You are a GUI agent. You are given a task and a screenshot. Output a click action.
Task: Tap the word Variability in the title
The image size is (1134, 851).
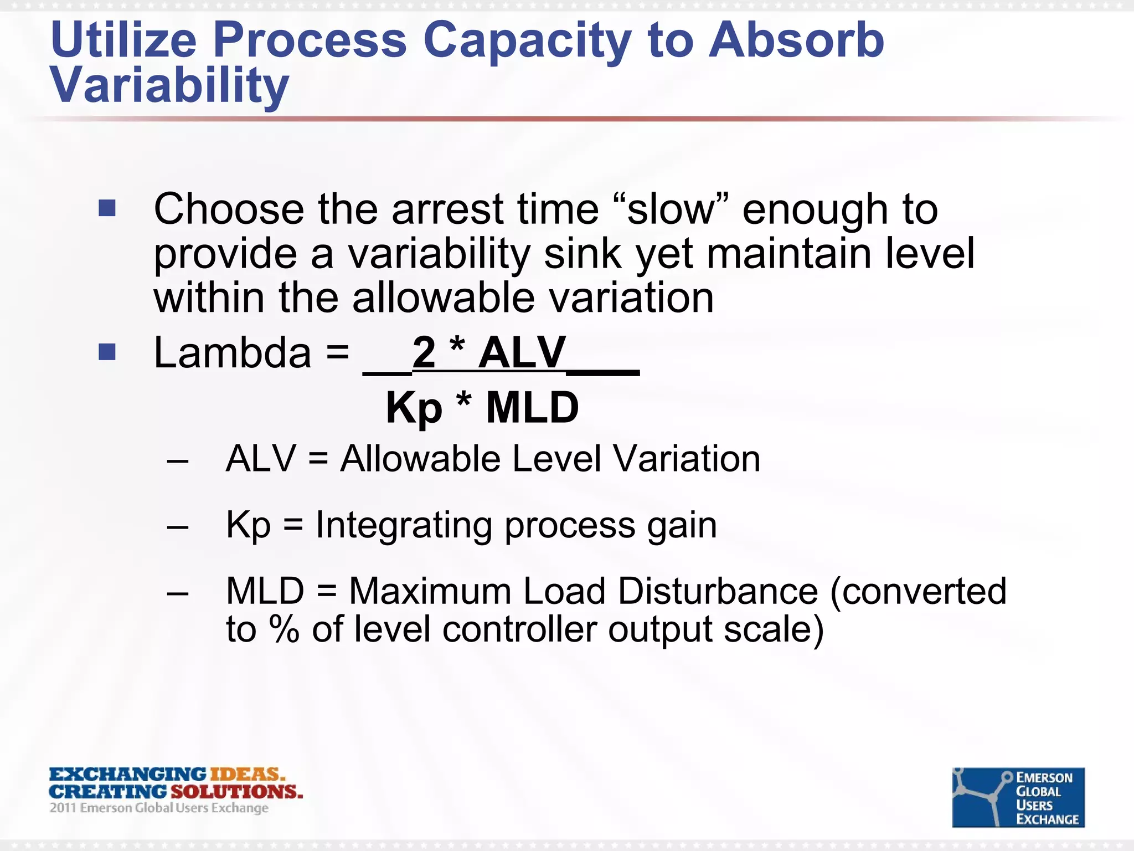(x=169, y=85)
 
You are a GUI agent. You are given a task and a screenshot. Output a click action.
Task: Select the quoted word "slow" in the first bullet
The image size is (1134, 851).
(x=672, y=209)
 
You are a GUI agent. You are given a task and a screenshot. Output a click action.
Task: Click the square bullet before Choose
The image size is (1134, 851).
(x=107, y=208)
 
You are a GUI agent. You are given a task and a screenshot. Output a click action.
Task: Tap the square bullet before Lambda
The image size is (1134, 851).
(x=107, y=352)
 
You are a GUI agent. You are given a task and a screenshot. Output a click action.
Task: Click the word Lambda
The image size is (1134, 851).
(x=233, y=353)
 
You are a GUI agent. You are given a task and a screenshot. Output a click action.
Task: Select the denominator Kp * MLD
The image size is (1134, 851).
(x=482, y=408)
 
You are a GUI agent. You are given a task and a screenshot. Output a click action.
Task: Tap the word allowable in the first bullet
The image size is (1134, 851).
(x=443, y=298)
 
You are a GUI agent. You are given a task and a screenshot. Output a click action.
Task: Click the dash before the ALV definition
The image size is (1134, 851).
(x=178, y=460)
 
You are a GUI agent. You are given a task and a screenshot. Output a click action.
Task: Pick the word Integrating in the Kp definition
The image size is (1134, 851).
(x=404, y=525)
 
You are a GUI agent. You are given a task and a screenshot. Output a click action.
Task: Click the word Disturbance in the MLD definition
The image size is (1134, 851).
(x=718, y=591)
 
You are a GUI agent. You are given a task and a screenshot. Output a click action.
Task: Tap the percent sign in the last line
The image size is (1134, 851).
(x=284, y=629)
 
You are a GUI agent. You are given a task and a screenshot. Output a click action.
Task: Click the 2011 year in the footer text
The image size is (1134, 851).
(x=62, y=808)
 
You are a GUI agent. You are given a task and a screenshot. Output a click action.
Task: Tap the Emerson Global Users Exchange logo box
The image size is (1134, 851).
(x=1018, y=797)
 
